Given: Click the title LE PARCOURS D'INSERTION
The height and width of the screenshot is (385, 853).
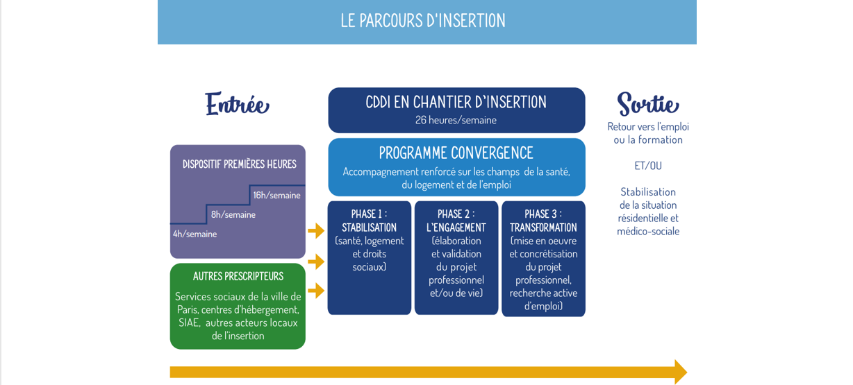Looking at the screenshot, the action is tap(423, 21).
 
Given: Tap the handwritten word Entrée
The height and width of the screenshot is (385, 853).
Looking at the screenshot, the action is tap(238, 103).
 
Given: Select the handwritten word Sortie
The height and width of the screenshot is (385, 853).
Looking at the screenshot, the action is tap(648, 103).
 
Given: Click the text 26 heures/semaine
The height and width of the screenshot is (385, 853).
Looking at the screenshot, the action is tap(456, 120).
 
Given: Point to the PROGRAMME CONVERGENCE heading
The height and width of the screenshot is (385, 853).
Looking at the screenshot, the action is tap(456, 153).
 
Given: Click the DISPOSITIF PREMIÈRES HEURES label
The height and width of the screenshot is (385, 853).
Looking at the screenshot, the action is tap(239, 164).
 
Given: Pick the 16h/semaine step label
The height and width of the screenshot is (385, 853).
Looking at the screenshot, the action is tap(277, 195).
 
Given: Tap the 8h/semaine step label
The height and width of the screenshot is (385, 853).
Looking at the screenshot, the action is tap(233, 214).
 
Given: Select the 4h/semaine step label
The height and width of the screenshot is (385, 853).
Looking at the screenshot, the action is tap(195, 234).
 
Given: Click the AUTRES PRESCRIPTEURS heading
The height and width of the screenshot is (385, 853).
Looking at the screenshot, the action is tap(238, 276).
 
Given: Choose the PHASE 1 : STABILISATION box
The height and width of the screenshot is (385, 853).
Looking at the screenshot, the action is tap(369, 258).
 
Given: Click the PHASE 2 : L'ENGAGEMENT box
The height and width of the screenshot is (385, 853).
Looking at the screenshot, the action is tap(456, 258).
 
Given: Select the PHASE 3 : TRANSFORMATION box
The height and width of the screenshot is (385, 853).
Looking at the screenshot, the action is tap(543, 259).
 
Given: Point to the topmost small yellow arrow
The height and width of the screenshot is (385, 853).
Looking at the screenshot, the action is tap(316, 230).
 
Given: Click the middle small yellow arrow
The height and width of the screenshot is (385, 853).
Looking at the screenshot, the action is tap(316, 262).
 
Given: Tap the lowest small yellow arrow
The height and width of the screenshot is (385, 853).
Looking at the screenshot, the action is tap(316, 291).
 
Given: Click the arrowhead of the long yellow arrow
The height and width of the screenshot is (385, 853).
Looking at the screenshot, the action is tap(681, 372).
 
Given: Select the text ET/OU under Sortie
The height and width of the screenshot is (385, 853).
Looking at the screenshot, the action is tap(648, 166).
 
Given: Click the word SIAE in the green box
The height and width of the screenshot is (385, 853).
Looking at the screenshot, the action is tap(189, 323).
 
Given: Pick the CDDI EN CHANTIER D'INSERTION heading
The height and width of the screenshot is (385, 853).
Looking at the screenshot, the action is tap(456, 102).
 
